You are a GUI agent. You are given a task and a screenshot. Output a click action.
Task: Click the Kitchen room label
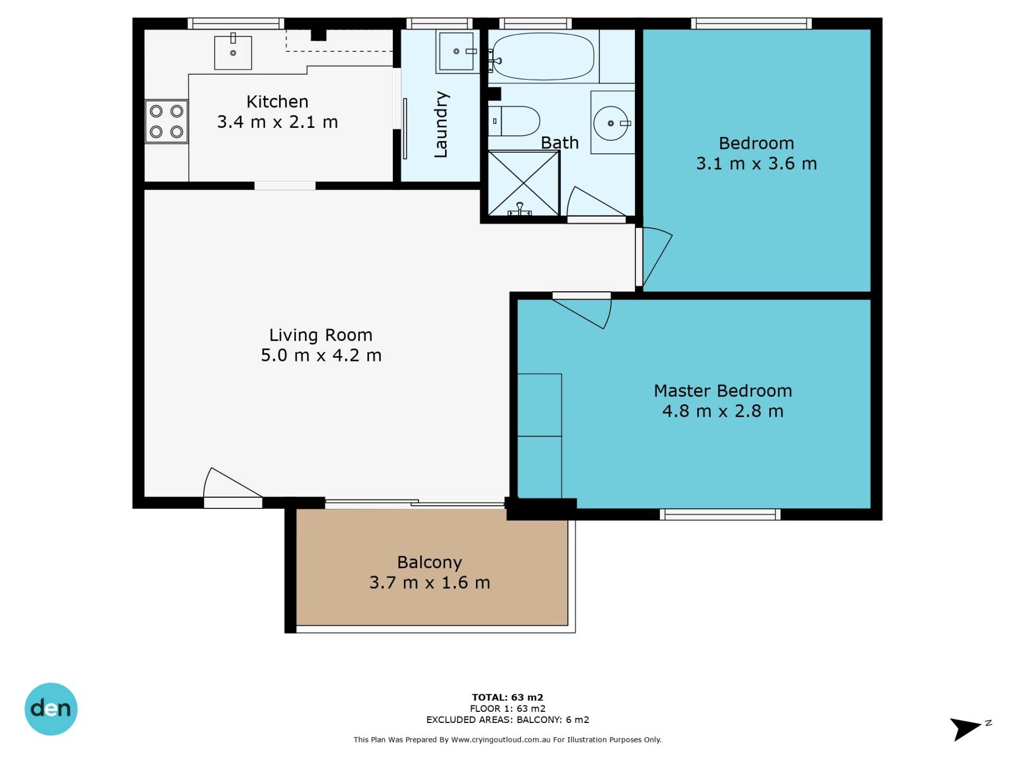(x=278, y=101)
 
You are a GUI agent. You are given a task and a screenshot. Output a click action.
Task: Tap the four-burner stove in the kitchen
(x=167, y=122)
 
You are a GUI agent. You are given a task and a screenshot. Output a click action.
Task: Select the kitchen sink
(x=233, y=52)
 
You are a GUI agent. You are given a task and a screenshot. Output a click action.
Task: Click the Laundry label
(x=441, y=125)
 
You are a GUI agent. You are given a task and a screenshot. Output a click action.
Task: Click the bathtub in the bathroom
(x=543, y=57)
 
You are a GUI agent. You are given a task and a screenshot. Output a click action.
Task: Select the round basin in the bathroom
(x=612, y=123)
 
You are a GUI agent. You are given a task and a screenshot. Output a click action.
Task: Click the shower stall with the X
(x=523, y=183)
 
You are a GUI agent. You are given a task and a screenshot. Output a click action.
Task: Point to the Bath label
(x=560, y=143)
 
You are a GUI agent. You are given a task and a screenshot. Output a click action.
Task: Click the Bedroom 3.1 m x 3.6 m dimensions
(x=756, y=164)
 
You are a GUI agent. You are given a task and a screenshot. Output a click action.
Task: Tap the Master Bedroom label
(x=723, y=391)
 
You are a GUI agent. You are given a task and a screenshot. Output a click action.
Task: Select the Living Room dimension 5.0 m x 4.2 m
(x=321, y=355)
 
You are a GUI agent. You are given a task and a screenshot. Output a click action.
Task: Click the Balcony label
(x=430, y=562)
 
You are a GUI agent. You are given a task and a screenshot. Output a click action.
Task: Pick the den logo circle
(x=51, y=709)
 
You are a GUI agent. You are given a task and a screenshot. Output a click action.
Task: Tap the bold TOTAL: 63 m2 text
(x=508, y=697)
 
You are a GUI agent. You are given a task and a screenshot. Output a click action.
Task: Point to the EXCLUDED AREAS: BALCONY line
(x=508, y=720)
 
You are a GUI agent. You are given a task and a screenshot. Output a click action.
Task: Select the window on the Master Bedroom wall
(x=720, y=514)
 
